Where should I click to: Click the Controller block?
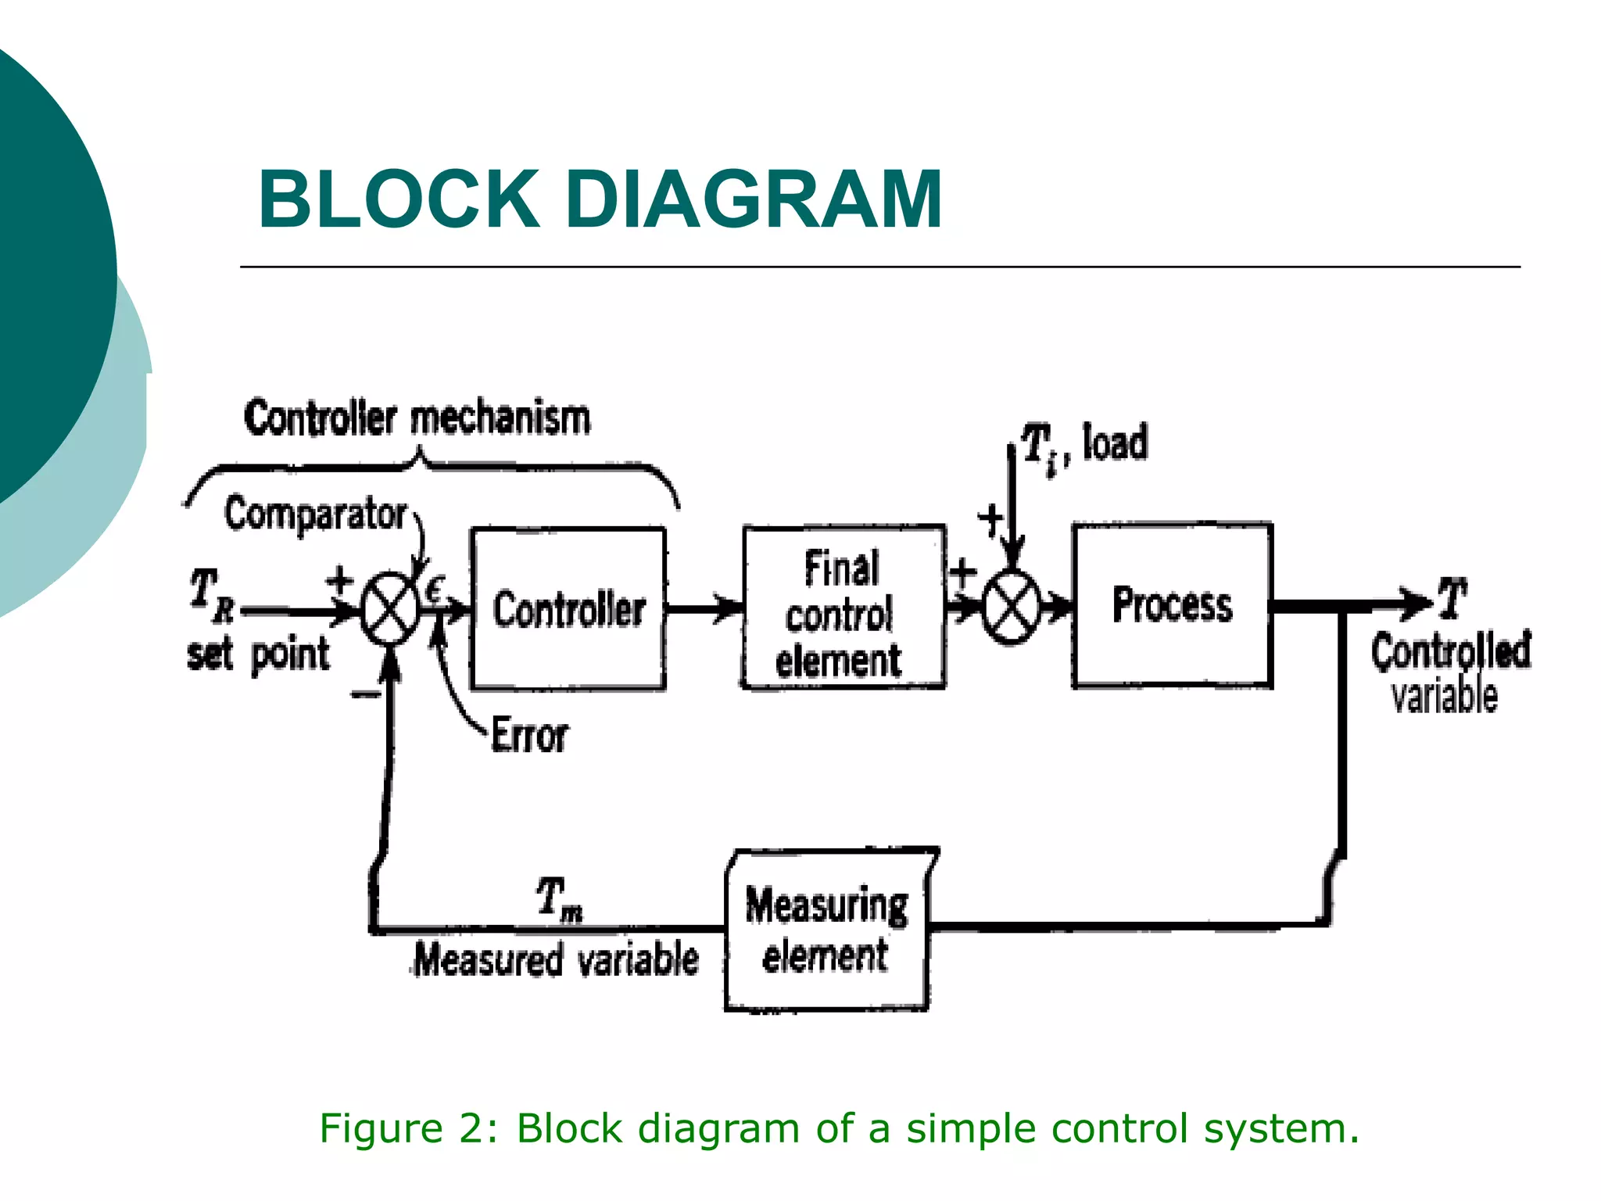(568, 609)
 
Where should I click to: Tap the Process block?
(1172, 605)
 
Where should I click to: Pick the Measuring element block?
(827, 930)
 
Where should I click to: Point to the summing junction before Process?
(1012, 607)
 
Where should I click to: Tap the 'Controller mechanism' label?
(417, 418)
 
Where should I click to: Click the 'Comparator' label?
(315, 514)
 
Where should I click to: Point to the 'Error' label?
(529, 735)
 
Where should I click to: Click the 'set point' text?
(258, 654)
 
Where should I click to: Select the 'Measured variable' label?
(556, 959)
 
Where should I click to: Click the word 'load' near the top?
(1116, 443)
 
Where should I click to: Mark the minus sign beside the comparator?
(364, 694)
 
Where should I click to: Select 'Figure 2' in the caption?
(407, 1128)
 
